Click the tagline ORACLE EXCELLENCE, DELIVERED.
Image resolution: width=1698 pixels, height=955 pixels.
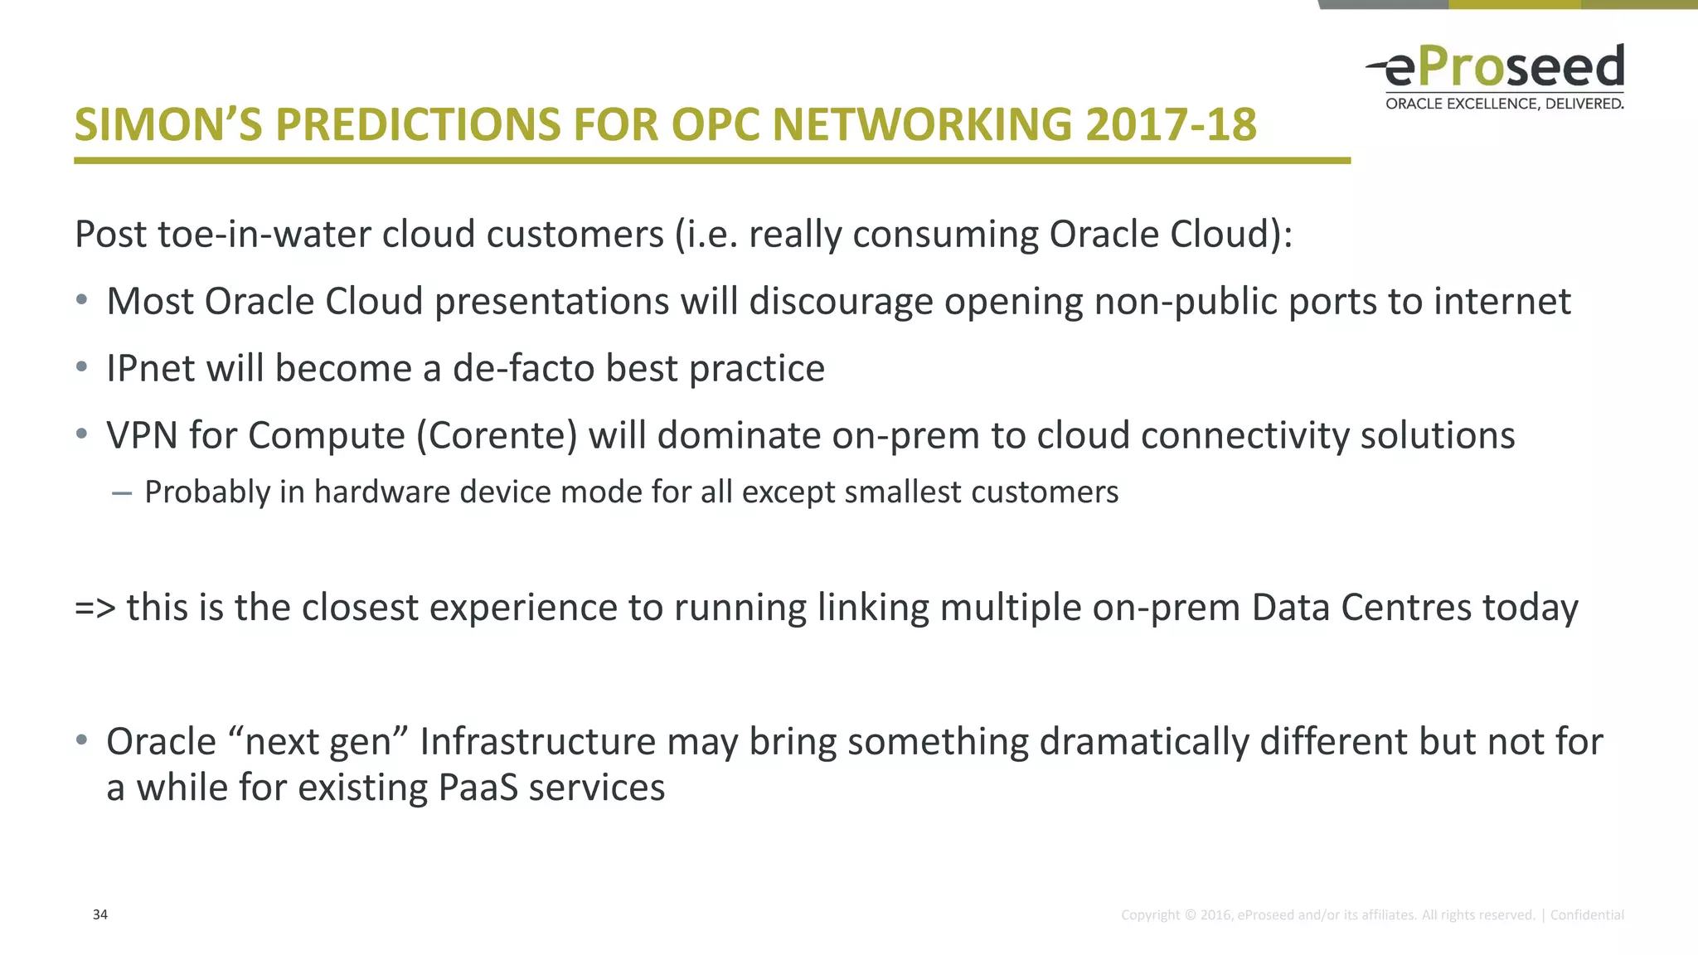[1504, 104]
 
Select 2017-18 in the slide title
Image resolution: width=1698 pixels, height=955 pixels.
[1170, 125]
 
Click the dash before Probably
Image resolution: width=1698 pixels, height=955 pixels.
[121, 493]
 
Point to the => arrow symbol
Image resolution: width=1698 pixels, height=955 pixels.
[95, 608]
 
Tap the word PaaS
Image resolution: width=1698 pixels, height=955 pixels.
[477, 788]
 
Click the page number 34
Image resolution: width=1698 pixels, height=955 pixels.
[99, 914]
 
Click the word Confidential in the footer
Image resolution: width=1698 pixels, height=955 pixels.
[1586, 915]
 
